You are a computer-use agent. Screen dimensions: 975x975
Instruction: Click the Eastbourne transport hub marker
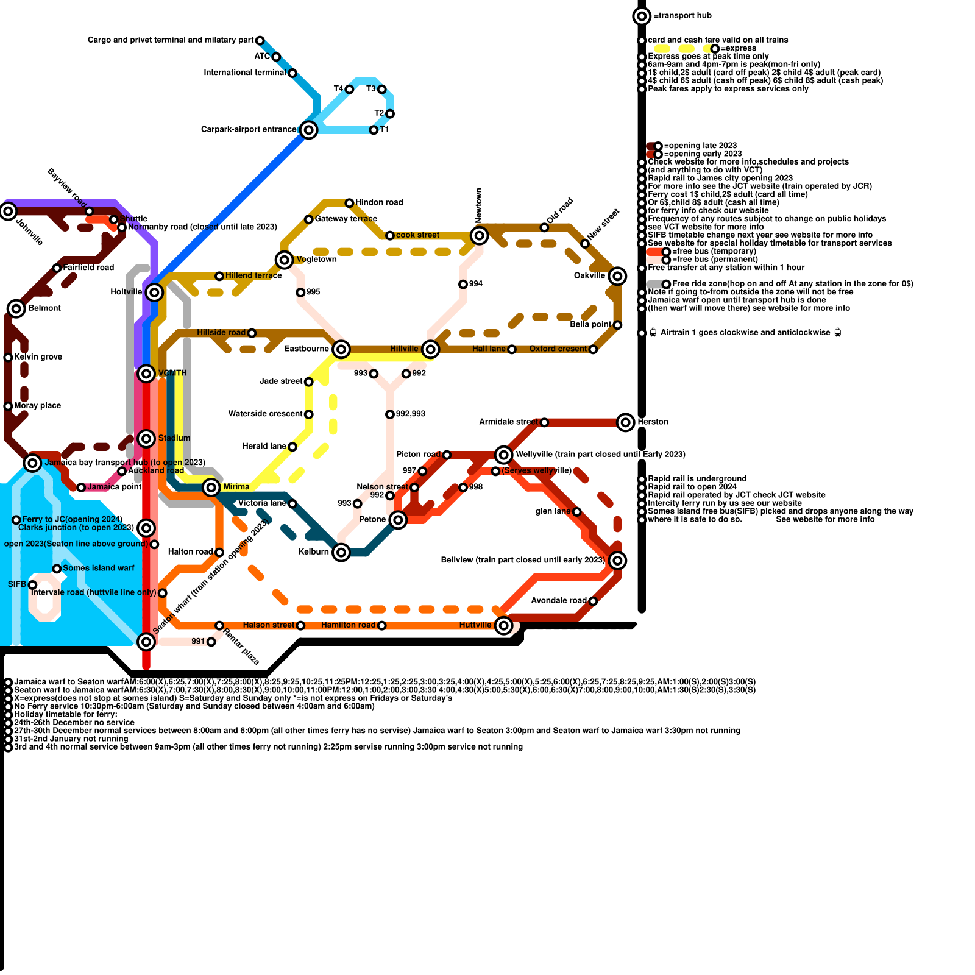tap(341, 349)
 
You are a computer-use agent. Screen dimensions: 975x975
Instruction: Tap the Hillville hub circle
tap(431, 349)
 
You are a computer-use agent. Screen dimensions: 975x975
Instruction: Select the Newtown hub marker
tap(480, 235)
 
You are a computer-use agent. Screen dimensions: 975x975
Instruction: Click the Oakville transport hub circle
tap(617, 276)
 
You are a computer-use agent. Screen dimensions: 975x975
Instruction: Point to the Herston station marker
tap(626, 422)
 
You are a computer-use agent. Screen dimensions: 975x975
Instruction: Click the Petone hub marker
tap(398, 520)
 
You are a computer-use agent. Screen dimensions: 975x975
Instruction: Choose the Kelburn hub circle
tap(341, 553)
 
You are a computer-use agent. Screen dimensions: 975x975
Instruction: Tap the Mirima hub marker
tap(211, 487)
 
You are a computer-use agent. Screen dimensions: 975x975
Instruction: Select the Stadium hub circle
tap(146, 439)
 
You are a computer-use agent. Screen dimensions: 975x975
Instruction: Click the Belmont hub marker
tap(16, 308)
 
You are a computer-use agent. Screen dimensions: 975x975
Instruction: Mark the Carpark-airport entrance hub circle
tap(309, 130)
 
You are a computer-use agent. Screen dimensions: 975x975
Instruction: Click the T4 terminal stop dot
tap(349, 90)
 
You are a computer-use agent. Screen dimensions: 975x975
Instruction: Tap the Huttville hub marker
tap(503, 625)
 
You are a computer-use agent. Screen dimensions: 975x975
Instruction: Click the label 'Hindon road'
tap(379, 202)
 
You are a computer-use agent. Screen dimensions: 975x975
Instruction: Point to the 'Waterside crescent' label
tap(265, 414)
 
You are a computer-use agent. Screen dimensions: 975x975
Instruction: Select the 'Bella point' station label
tap(590, 325)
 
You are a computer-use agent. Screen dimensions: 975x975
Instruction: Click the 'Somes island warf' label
tap(98, 568)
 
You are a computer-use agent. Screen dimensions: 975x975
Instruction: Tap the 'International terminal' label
tap(244, 73)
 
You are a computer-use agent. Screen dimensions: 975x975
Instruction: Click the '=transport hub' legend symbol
tap(642, 16)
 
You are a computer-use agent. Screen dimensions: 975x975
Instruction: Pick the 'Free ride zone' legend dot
tap(666, 284)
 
